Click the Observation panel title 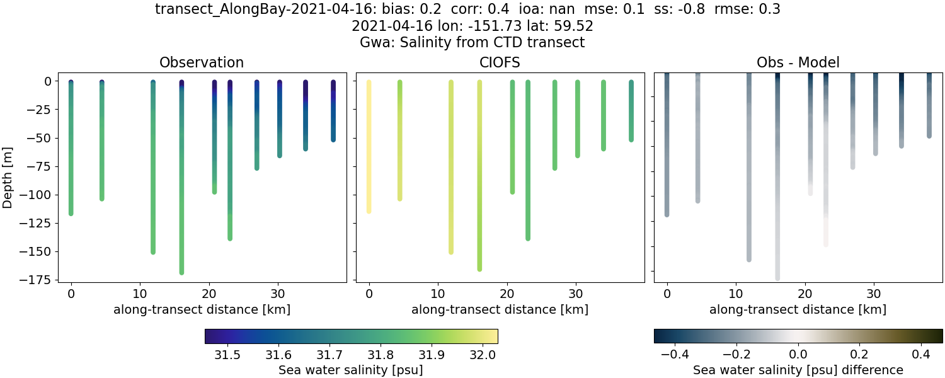tap(202, 62)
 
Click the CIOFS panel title tap(500, 62)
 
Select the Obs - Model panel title tap(798, 62)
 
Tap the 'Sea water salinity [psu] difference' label tap(798, 370)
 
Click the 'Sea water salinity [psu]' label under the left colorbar tap(351, 370)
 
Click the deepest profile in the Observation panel tap(181, 189)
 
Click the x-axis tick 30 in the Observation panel tap(277, 294)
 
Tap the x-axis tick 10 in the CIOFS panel tap(438, 294)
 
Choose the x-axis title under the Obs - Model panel tap(798, 309)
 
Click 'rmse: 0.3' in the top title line tap(742, 9)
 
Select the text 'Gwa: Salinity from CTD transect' tap(472, 43)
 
